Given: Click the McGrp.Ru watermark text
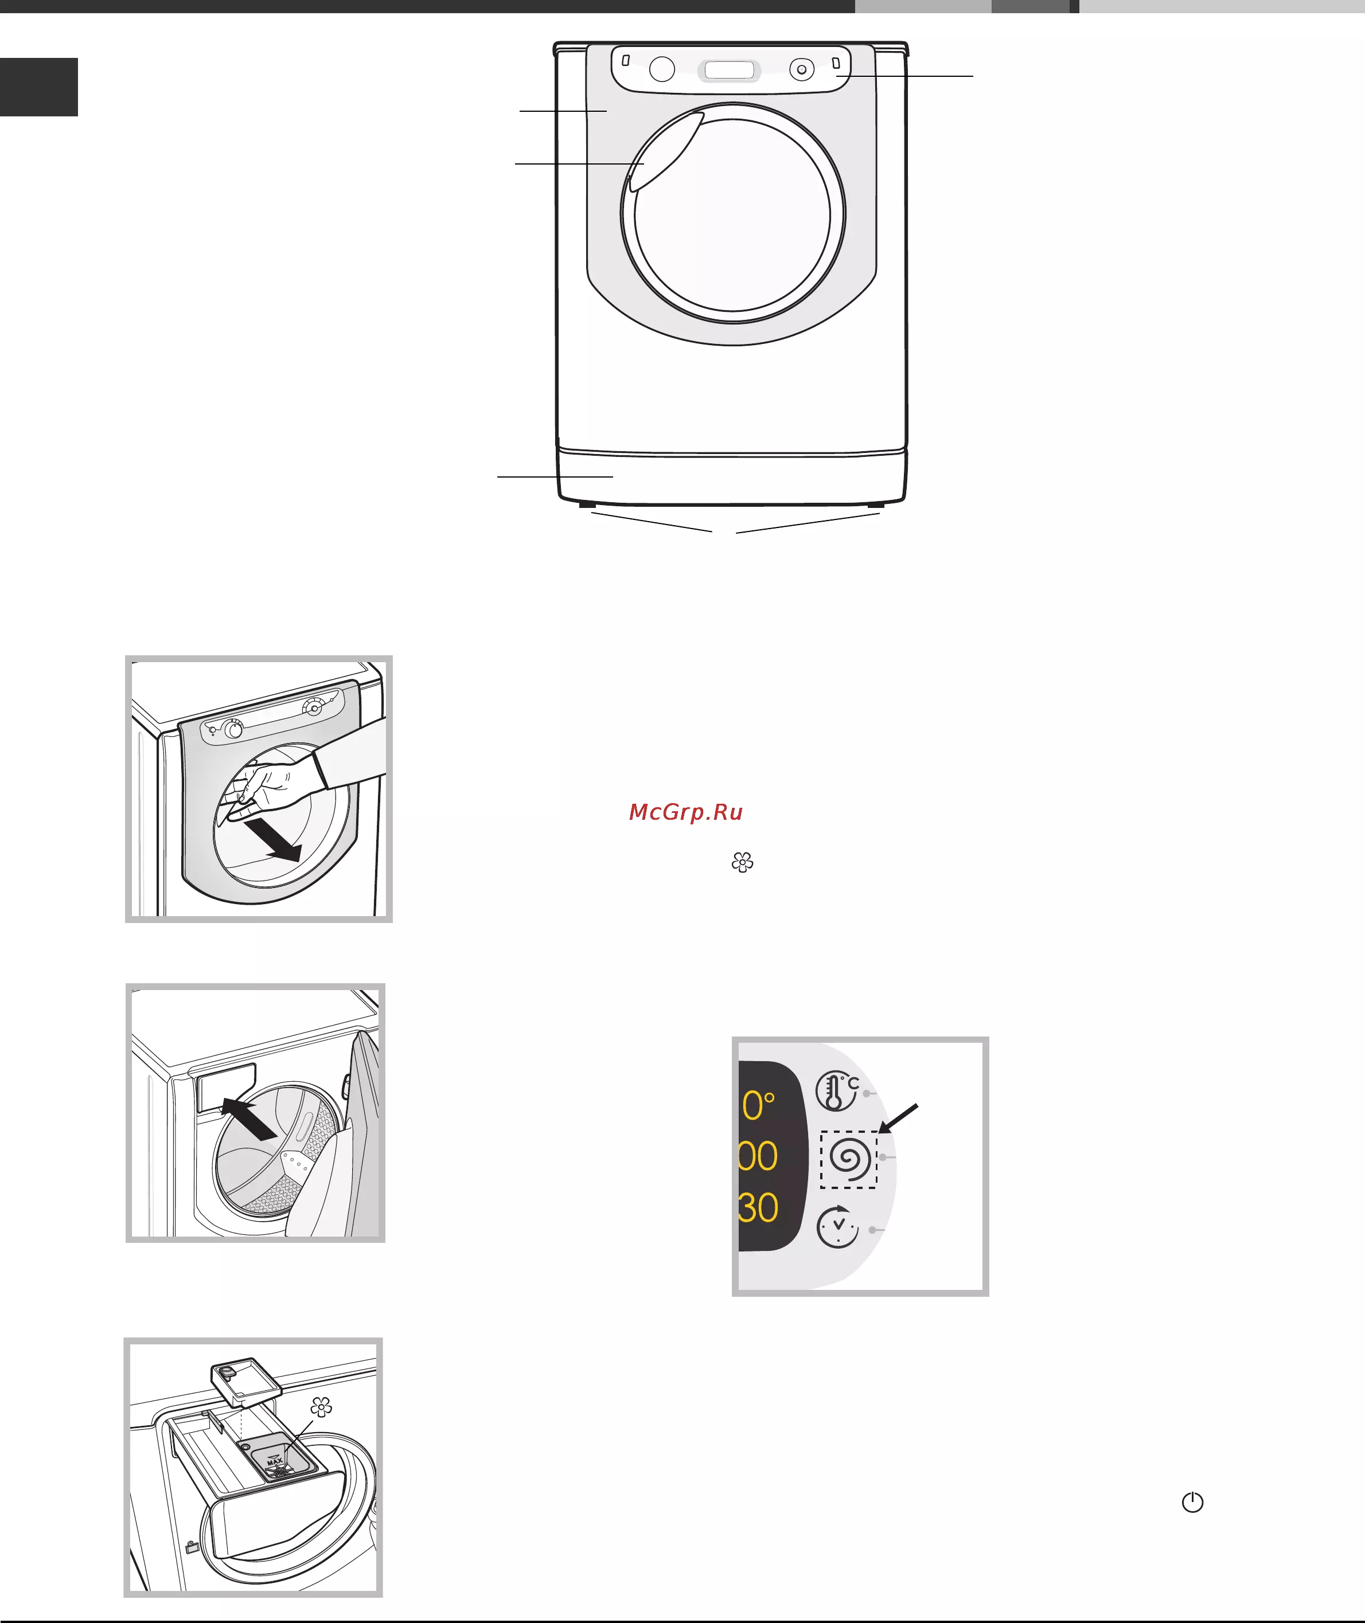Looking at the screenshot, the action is tap(685, 812).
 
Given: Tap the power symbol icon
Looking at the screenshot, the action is tap(1192, 1502).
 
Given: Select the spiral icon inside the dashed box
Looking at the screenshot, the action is tap(849, 1158).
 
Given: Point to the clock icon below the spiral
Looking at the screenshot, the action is tap(838, 1227).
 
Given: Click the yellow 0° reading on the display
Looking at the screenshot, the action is tap(758, 1105).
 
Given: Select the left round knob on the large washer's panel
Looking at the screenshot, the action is tap(662, 69).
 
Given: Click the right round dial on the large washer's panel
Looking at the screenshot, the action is tap(802, 69).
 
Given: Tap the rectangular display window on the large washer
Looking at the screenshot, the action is tap(729, 71).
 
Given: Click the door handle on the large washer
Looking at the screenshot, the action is tap(664, 151).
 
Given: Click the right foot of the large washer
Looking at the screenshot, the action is tap(875, 505).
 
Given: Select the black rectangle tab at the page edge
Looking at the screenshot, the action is tap(38, 87).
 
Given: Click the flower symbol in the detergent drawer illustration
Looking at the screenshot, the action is tap(321, 1406).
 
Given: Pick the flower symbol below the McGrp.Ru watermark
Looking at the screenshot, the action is tap(742, 862).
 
